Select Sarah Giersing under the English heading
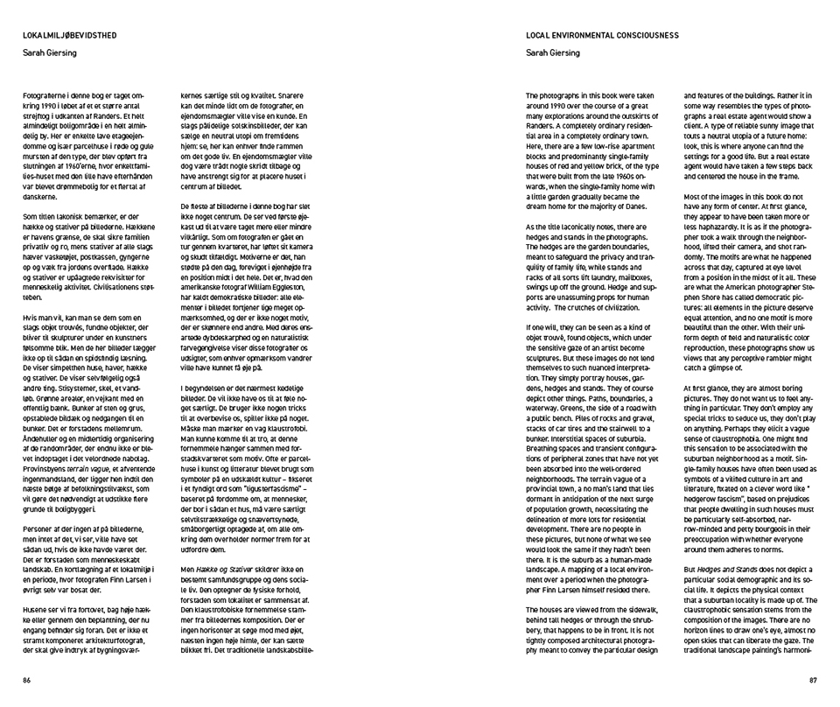tap(553, 52)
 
